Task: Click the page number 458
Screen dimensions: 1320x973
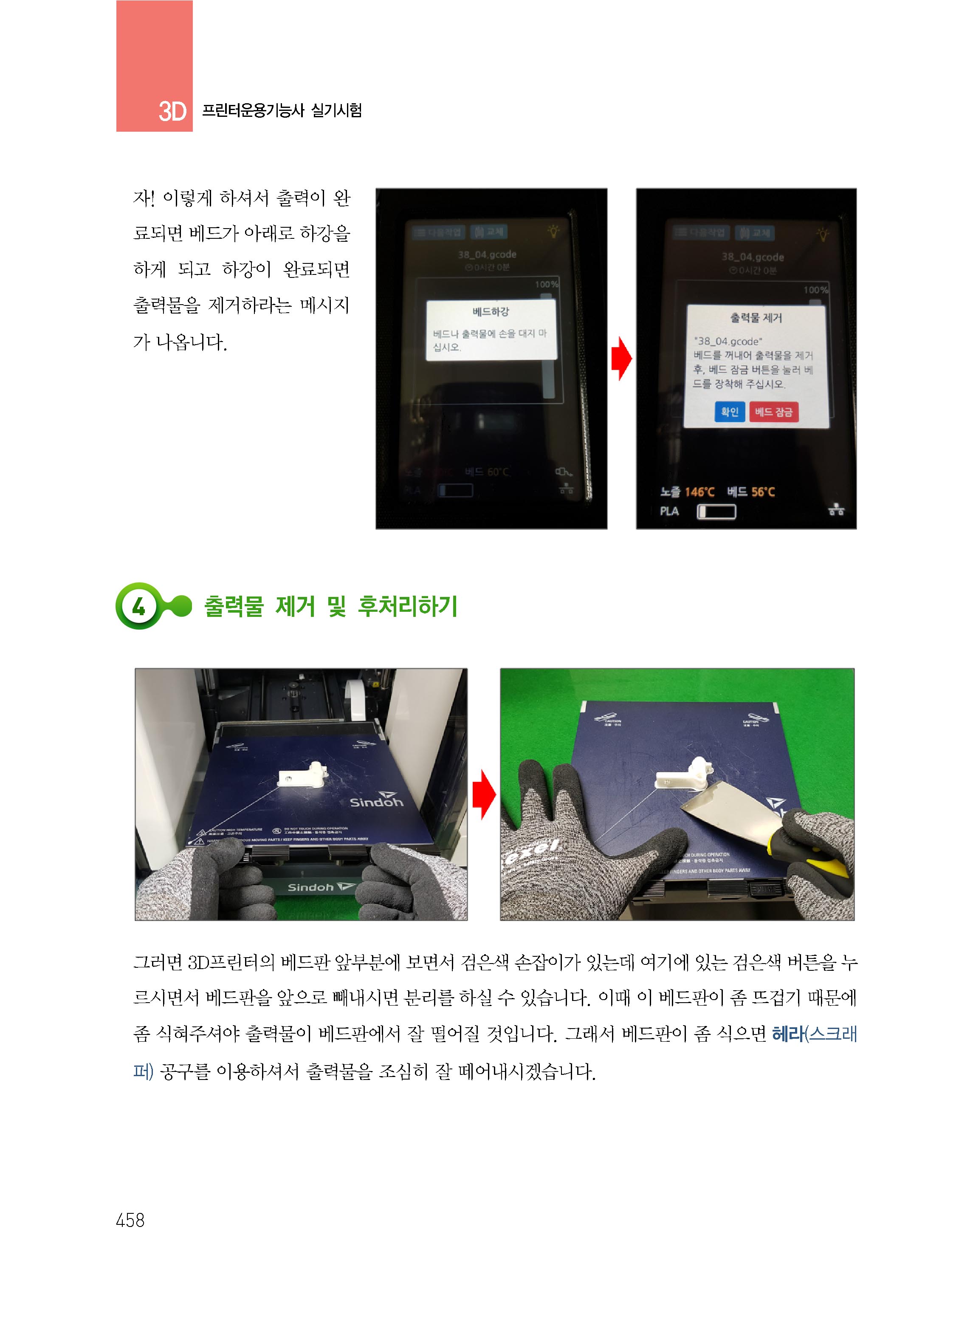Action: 130,1220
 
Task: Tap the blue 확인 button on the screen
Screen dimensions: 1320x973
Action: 729,412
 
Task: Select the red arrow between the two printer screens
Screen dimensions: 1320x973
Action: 621,358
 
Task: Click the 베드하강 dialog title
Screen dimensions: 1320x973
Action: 491,311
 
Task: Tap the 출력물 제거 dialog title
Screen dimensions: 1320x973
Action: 756,318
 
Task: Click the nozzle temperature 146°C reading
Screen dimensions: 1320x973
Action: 700,492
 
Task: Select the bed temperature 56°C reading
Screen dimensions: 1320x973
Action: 763,492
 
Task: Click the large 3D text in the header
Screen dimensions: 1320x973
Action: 172,111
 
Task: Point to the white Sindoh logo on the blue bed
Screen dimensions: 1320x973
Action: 376,802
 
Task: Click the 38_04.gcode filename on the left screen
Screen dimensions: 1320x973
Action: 487,254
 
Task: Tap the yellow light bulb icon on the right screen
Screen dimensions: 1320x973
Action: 822,234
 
